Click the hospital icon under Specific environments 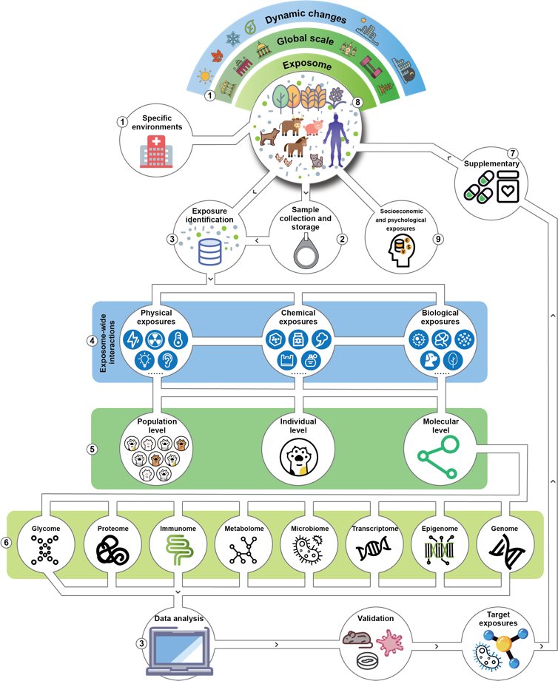click(x=152, y=154)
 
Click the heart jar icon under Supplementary click(x=509, y=189)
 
